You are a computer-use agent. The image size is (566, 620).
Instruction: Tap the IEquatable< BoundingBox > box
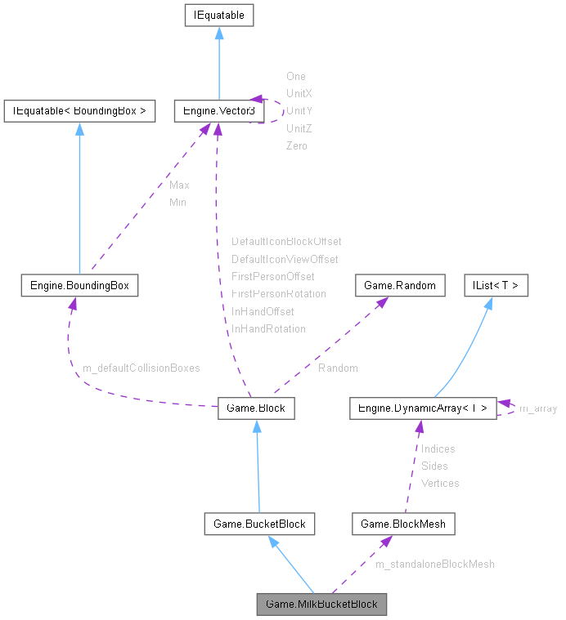pos(79,111)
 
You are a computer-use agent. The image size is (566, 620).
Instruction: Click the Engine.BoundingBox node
pos(79,285)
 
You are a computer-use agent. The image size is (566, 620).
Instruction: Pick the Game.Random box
pos(400,285)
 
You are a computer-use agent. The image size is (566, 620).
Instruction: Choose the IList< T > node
pos(496,285)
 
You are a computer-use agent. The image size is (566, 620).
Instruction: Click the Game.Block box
pos(256,408)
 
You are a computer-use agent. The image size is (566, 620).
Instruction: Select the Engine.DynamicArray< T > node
pos(422,408)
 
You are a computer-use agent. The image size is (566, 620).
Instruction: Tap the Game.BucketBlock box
pos(259,524)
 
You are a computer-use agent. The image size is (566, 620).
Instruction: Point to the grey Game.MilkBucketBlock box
pos(321,604)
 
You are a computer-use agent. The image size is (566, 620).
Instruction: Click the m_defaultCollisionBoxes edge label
pos(141,368)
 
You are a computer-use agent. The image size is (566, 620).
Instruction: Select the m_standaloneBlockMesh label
pos(434,564)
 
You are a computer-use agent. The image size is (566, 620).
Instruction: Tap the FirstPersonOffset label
pos(272,277)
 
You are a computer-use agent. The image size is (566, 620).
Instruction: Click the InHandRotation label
pos(268,328)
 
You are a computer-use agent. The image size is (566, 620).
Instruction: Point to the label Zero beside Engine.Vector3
pos(297,145)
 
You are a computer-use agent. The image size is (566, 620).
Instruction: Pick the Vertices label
pos(440,483)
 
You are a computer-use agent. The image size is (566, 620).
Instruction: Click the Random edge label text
pos(338,368)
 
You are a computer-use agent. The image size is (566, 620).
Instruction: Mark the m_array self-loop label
pos(537,408)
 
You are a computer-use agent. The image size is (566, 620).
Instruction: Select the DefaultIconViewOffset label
pos(285,259)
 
